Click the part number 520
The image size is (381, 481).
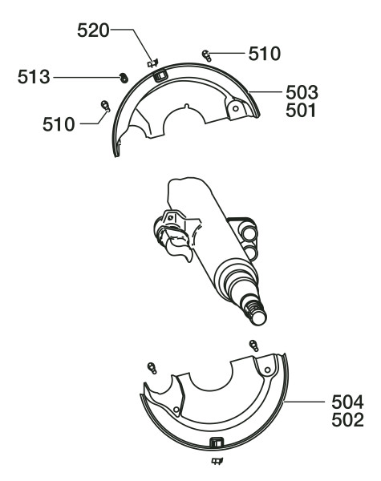click(93, 30)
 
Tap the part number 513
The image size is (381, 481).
click(34, 77)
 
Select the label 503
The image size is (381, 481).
click(302, 93)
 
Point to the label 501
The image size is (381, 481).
click(301, 111)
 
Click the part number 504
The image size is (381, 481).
click(347, 402)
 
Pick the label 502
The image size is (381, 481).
click(347, 420)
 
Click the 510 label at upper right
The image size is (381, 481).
click(265, 54)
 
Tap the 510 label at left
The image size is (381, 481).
click(59, 124)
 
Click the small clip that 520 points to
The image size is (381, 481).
click(153, 63)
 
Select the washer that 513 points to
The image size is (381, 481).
click(124, 78)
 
